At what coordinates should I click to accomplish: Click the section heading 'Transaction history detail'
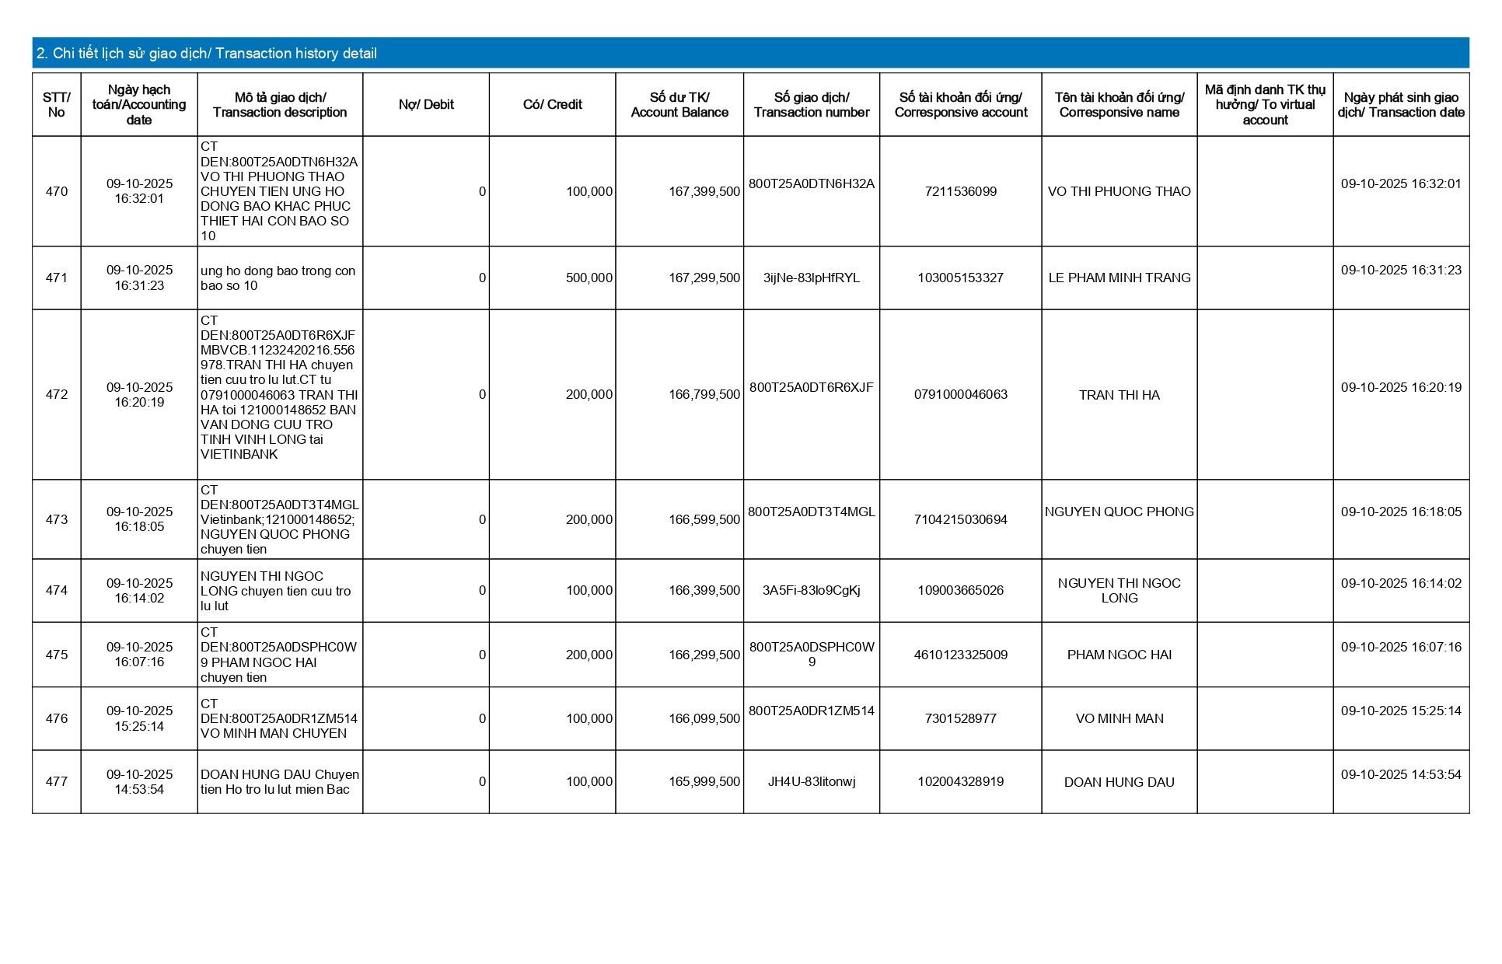pyautogui.click(x=207, y=54)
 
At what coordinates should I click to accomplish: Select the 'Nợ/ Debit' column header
pyautogui.click(x=426, y=105)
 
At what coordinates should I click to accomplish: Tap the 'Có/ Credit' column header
pyautogui.click(x=552, y=105)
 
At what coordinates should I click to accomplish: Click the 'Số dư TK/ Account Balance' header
pyautogui.click(x=679, y=105)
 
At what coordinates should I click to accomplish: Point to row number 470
pyautogui.click(x=57, y=191)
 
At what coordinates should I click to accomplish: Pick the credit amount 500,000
pyautogui.click(x=589, y=278)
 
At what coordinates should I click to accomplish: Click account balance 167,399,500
pyautogui.click(x=704, y=191)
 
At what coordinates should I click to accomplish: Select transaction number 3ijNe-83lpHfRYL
pyautogui.click(x=811, y=278)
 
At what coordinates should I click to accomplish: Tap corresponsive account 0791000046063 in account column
pyautogui.click(x=960, y=395)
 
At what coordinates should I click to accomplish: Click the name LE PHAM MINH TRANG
pyautogui.click(x=1119, y=278)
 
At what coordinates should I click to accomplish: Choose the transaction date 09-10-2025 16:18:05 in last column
pyautogui.click(x=1401, y=512)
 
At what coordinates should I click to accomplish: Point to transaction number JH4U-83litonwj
pyautogui.click(x=811, y=782)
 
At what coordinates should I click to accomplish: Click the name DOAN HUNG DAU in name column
pyautogui.click(x=1119, y=783)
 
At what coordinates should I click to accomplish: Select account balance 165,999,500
pyautogui.click(x=704, y=782)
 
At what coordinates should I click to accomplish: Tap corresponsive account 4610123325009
pyautogui.click(x=960, y=655)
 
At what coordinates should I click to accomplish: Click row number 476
pyautogui.click(x=57, y=719)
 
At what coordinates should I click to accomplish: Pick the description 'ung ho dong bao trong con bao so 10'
pyautogui.click(x=278, y=278)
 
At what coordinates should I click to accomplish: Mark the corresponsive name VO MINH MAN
pyautogui.click(x=1119, y=719)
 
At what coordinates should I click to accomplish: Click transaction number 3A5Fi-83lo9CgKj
pyautogui.click(x=811, y=591)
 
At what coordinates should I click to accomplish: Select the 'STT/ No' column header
pyautogui.click(x=57, y=105)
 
